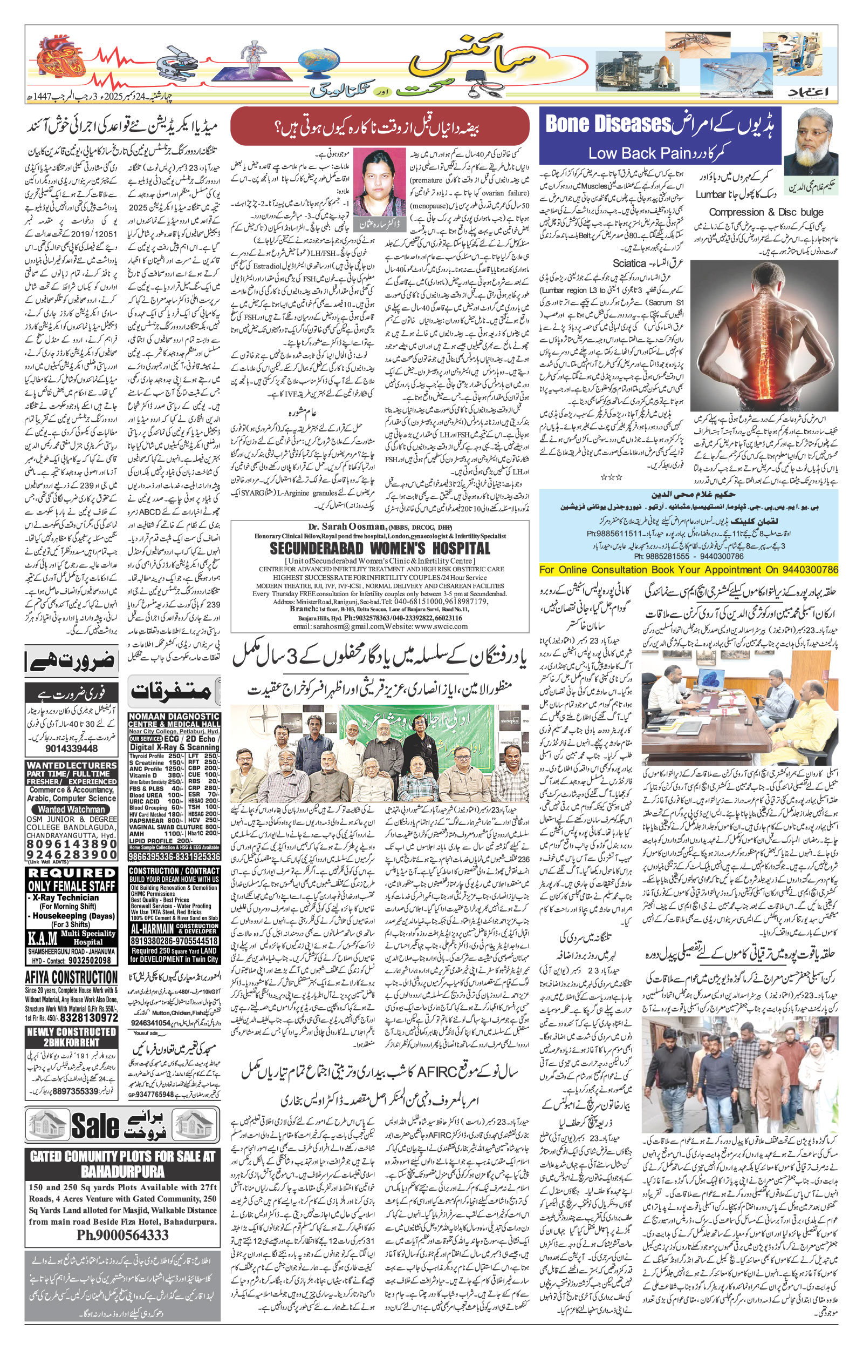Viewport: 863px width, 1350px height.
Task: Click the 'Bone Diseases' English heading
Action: (x=608, y=124)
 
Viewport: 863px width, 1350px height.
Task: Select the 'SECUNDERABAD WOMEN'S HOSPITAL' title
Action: (x=379, y=548)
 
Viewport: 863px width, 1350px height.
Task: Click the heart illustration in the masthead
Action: (x=57, y=60)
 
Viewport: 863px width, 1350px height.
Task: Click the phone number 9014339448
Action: (x=71, y=748)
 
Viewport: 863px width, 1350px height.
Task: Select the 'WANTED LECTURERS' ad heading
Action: (x=72, y=765)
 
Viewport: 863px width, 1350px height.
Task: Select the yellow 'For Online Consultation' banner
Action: (x=688, y=569)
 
